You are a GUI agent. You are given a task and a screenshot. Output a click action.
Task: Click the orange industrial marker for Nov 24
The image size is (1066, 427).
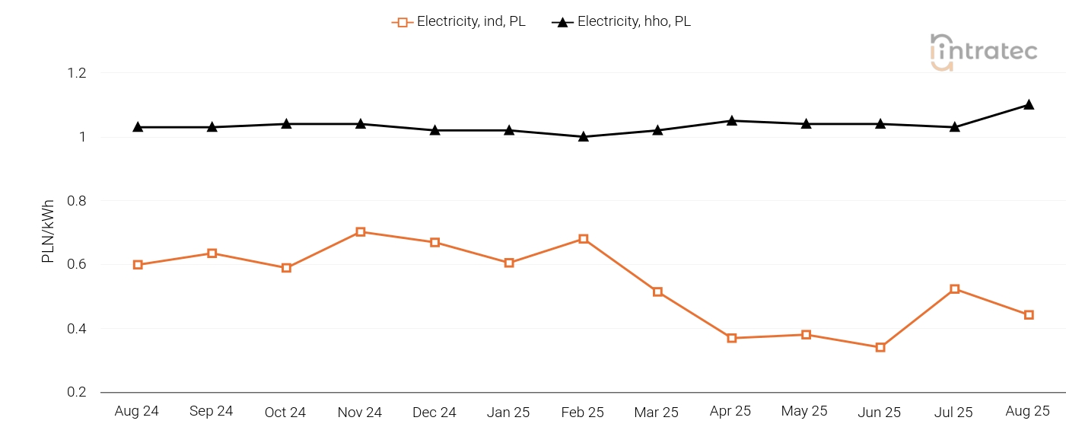click(361, 232)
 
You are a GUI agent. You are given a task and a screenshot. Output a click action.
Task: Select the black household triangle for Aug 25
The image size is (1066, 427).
click(1029, 105)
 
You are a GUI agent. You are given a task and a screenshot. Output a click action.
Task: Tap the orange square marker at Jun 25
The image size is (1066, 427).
click(880, 348)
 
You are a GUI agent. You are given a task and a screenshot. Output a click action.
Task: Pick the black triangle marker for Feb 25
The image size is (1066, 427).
click(584, 137)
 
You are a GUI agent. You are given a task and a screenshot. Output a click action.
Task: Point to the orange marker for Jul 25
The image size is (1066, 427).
click(955, 289)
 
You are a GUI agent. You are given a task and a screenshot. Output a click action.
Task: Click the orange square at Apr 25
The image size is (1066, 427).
click(732, 338)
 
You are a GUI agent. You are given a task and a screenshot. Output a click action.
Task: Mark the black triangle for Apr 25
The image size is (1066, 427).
click(732, 121)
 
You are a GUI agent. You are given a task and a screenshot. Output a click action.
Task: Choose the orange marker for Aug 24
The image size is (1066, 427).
click(138, 265)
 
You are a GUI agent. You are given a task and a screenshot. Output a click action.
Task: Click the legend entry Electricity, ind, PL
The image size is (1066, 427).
click(459, 22)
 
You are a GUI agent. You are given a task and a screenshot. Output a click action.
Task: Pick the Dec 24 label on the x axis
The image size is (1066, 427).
click(434, 413)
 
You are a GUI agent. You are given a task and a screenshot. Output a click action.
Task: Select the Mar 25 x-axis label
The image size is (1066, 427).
click(656, 413)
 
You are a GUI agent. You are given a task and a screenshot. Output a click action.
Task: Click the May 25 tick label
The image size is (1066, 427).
click(804, 412)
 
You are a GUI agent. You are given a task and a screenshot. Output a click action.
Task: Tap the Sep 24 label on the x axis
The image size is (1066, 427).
click(212, 412)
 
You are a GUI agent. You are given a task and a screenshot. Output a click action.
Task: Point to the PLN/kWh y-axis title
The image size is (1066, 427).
click(48, 232)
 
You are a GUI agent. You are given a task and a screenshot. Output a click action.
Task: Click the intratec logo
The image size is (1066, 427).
click(983, 53)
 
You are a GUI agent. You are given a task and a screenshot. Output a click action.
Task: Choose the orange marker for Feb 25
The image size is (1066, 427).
click(584, 239)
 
